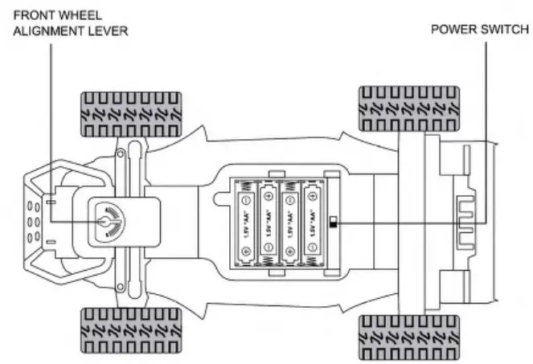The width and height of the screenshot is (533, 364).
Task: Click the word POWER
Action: pos(455,30)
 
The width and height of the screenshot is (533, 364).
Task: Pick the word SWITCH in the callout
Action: pos(506,30)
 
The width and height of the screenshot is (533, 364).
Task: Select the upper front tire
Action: pos(129,113)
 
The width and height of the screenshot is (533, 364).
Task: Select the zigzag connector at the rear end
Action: pos(465,222)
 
